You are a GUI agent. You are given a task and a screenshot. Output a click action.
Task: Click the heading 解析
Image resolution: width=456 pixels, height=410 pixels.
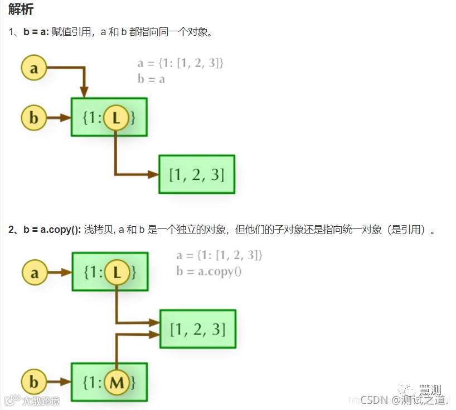pos(21,9)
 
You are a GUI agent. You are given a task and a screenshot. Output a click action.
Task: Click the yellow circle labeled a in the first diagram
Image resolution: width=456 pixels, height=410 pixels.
pos(35,68)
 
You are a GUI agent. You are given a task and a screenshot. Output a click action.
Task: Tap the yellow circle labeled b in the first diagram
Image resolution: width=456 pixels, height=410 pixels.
pos(35,118)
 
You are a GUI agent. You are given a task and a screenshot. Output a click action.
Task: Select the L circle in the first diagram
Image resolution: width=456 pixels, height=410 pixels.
pos(116,118)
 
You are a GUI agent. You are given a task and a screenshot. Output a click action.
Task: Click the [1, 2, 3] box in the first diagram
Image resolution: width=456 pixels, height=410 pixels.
pos(197,174)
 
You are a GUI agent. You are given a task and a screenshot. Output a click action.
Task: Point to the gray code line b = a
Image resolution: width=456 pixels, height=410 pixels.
pos(152,79)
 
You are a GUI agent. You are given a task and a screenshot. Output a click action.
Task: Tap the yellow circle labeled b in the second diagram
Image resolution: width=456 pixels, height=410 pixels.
pos(35,383)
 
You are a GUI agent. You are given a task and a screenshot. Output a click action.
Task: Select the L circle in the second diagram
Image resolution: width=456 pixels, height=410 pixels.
pos(117,273)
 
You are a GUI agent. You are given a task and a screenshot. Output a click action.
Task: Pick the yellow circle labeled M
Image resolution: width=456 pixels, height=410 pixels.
pos(117,383)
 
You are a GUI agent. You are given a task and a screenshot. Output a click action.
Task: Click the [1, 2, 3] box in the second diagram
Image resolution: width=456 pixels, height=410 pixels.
pos(198,329)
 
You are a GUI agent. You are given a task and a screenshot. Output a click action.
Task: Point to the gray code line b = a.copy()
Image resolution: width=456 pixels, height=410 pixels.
pos(209,271)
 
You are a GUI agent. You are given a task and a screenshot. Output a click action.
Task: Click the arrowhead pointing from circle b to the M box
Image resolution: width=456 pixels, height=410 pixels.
pos(66,383)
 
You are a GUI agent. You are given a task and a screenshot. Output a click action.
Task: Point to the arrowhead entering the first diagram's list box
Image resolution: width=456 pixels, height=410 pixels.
pos(154,174)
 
